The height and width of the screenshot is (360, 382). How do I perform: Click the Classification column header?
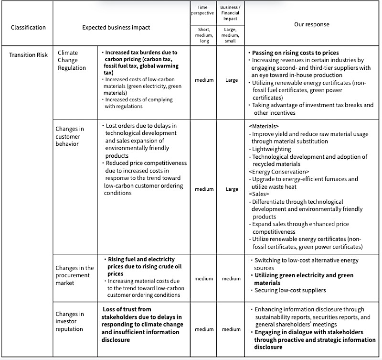(x=28, y=27)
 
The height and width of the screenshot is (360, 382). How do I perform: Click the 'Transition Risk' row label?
(x=29, y=55)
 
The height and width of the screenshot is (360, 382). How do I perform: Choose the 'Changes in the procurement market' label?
(x=74, y=275)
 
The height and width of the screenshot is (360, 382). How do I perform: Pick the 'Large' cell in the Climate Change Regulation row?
(x=232, y=80)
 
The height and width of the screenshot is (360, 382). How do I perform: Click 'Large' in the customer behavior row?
(x=232, y=189)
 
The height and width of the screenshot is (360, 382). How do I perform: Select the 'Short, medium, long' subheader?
(x=204, y=35)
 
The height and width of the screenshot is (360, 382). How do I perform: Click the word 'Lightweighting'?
(x=272, y=149)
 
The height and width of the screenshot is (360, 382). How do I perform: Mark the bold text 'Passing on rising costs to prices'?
(x=296, y=53)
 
